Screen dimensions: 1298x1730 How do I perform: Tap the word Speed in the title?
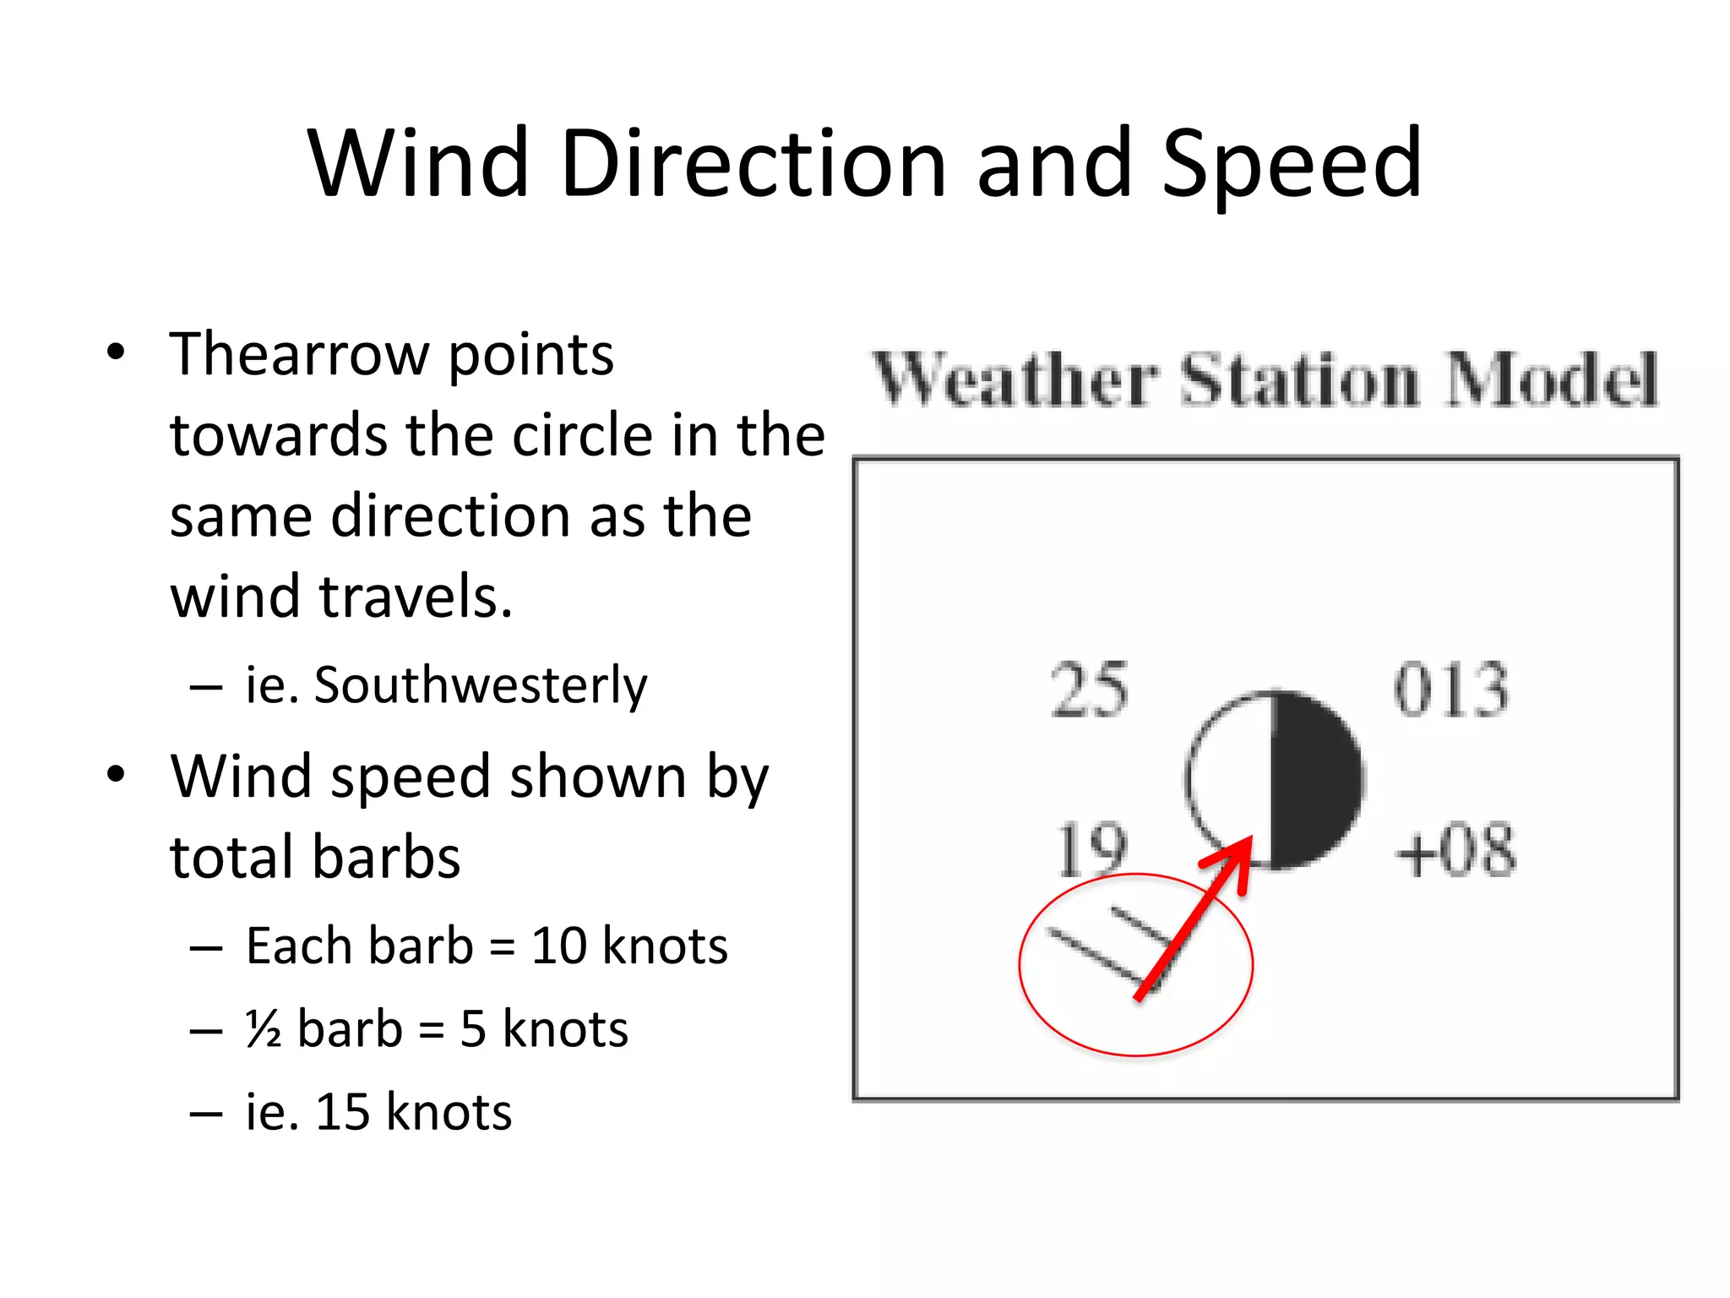pos(1292,165)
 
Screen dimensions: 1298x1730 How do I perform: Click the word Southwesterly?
pos(480,684)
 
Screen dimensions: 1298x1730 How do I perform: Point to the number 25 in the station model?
pos(1089,690)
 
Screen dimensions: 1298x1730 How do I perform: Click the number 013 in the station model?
pos(1450,690)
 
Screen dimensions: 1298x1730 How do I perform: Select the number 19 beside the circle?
pos(1091,848)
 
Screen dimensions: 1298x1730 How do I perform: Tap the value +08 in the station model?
pos(1455,850)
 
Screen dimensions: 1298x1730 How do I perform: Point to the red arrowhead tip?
pos(1249,840)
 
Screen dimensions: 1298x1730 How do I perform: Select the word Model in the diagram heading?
pos(1551,379)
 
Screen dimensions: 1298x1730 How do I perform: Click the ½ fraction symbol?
pos(264,1029)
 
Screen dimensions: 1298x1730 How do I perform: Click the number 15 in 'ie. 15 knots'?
pos(342,1111)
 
